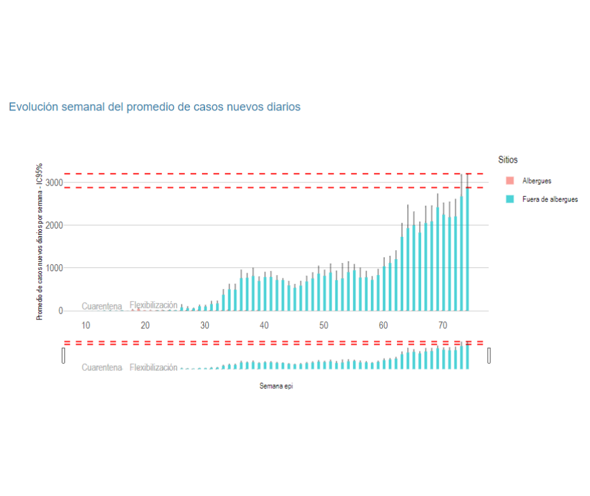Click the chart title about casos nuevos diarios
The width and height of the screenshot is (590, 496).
[x=154, y=107]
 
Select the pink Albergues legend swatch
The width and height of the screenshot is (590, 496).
[x=509, y=181]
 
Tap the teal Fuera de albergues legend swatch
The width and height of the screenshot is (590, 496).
[x=509, y=199]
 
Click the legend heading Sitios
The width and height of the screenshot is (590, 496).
[x=507, y=160]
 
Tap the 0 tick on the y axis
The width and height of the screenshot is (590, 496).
[x=60, y=311]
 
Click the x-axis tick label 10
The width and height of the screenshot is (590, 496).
[x=86, y=326]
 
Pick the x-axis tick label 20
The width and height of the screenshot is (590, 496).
[x=145, y=326]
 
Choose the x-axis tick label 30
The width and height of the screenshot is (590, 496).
[x=204, y=326]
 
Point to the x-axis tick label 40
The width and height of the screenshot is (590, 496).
[x=264, y=326]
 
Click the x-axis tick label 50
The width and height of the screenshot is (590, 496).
[x=324, y=326]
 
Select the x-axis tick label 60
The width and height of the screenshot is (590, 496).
[x=383, y=326]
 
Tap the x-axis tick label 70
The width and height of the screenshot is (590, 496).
[x=443, y=326]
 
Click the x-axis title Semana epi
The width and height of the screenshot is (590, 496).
[x=276, y=385]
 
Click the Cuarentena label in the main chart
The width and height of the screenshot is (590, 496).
[x=102, y=306]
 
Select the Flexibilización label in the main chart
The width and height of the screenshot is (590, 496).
[x=154, y=305]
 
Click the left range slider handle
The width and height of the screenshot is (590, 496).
[x=64, y=355]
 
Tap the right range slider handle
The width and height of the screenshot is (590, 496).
[x=489, y=355]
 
